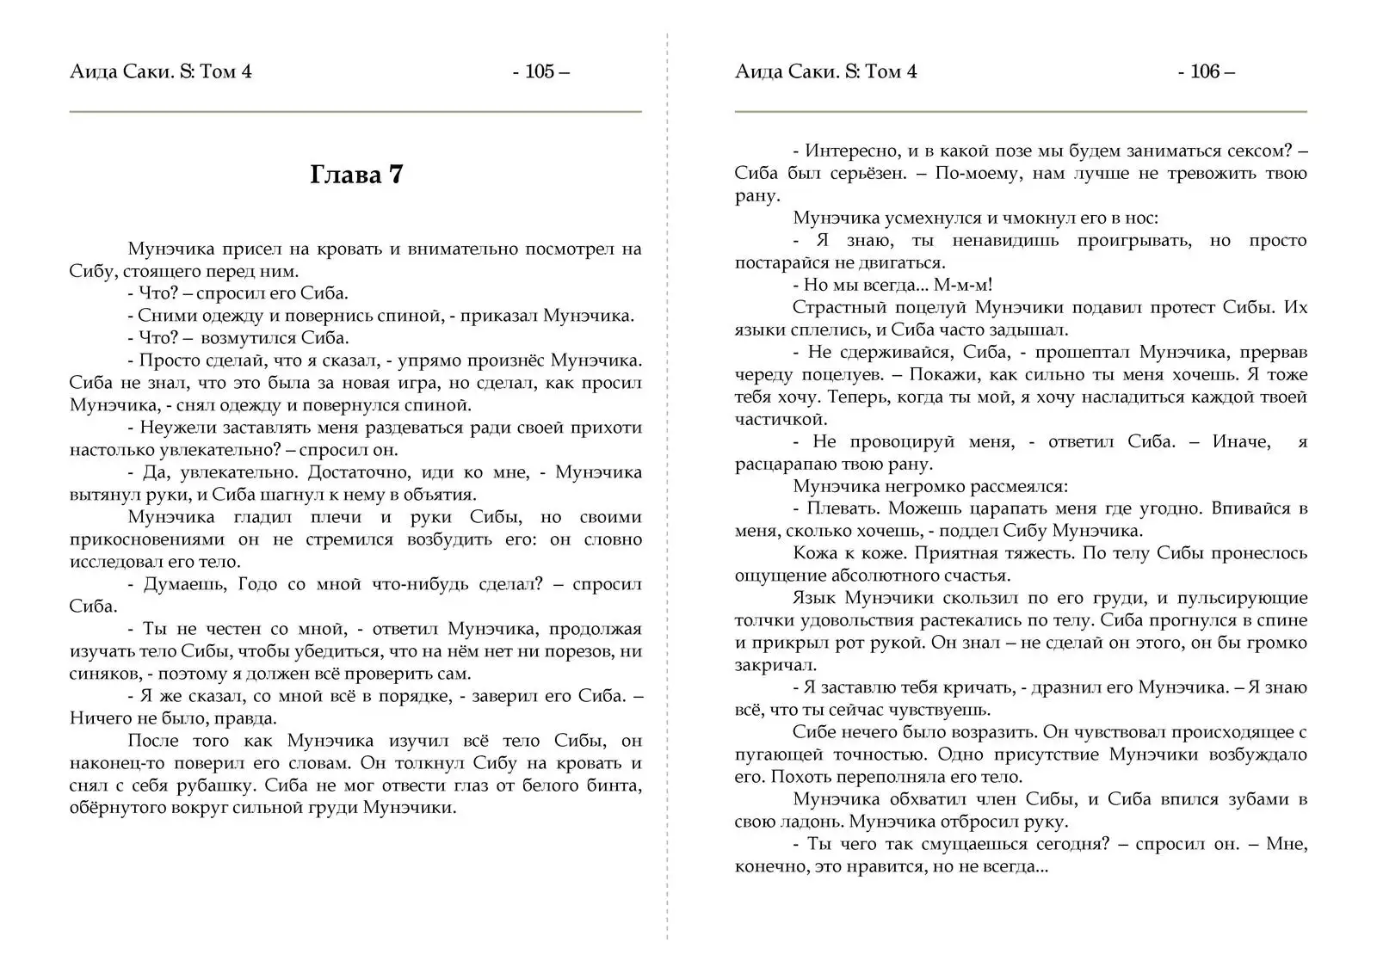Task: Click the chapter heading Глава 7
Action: [355, 176]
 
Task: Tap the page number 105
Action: [540, 72]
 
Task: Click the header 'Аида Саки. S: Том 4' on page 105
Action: [161, 72]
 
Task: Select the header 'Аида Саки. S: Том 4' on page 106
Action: [826, 72]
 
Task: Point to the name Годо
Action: [262, 584]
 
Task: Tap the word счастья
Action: [976, 576]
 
